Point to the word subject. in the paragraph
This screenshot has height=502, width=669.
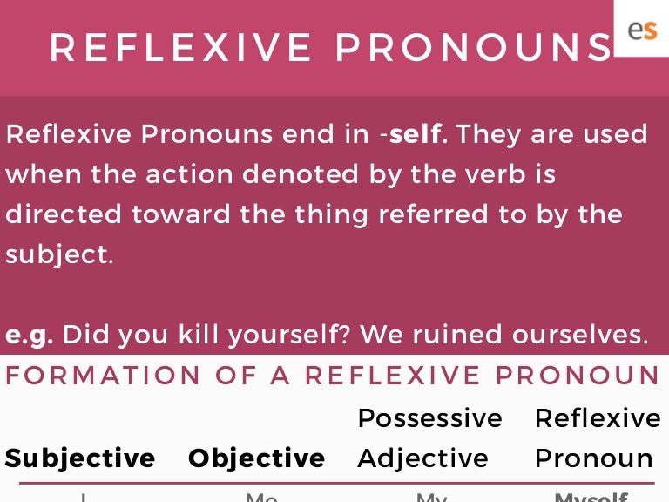(x=59, y=254)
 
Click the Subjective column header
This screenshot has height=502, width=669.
(x=80, y=458)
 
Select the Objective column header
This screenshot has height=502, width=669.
(x=257, y=458)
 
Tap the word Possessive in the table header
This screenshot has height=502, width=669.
(x=429, y=418)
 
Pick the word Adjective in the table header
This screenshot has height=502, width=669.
(x=423, y=458)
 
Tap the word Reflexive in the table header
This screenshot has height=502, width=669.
(x=598, y=418)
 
